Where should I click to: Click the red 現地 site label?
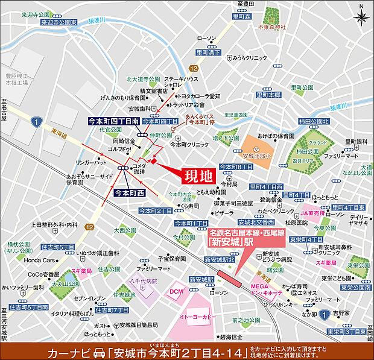tap(198, 177)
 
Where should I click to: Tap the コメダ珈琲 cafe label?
tap(139, 168)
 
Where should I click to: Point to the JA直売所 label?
tap(314, 212)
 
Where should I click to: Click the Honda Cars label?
tap(40, 261)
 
